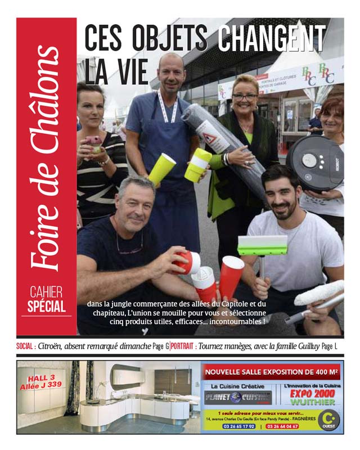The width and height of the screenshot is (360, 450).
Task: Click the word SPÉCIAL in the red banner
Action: [47, 307]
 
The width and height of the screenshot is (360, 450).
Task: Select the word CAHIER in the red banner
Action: [47, 292]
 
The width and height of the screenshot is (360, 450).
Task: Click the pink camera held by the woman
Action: [93, 141]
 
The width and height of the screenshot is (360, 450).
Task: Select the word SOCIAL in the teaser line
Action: [26, 346]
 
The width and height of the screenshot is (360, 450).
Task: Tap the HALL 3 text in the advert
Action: [40, 377]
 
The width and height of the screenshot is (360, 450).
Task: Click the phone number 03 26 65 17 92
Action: [235, 426]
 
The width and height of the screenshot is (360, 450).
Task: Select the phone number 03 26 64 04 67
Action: [283, 426]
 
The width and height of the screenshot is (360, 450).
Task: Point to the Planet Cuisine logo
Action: [237, 397]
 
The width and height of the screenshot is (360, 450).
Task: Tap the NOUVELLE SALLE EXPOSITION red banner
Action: [271, 372]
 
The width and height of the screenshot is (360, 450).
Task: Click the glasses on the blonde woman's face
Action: [245, 97]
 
